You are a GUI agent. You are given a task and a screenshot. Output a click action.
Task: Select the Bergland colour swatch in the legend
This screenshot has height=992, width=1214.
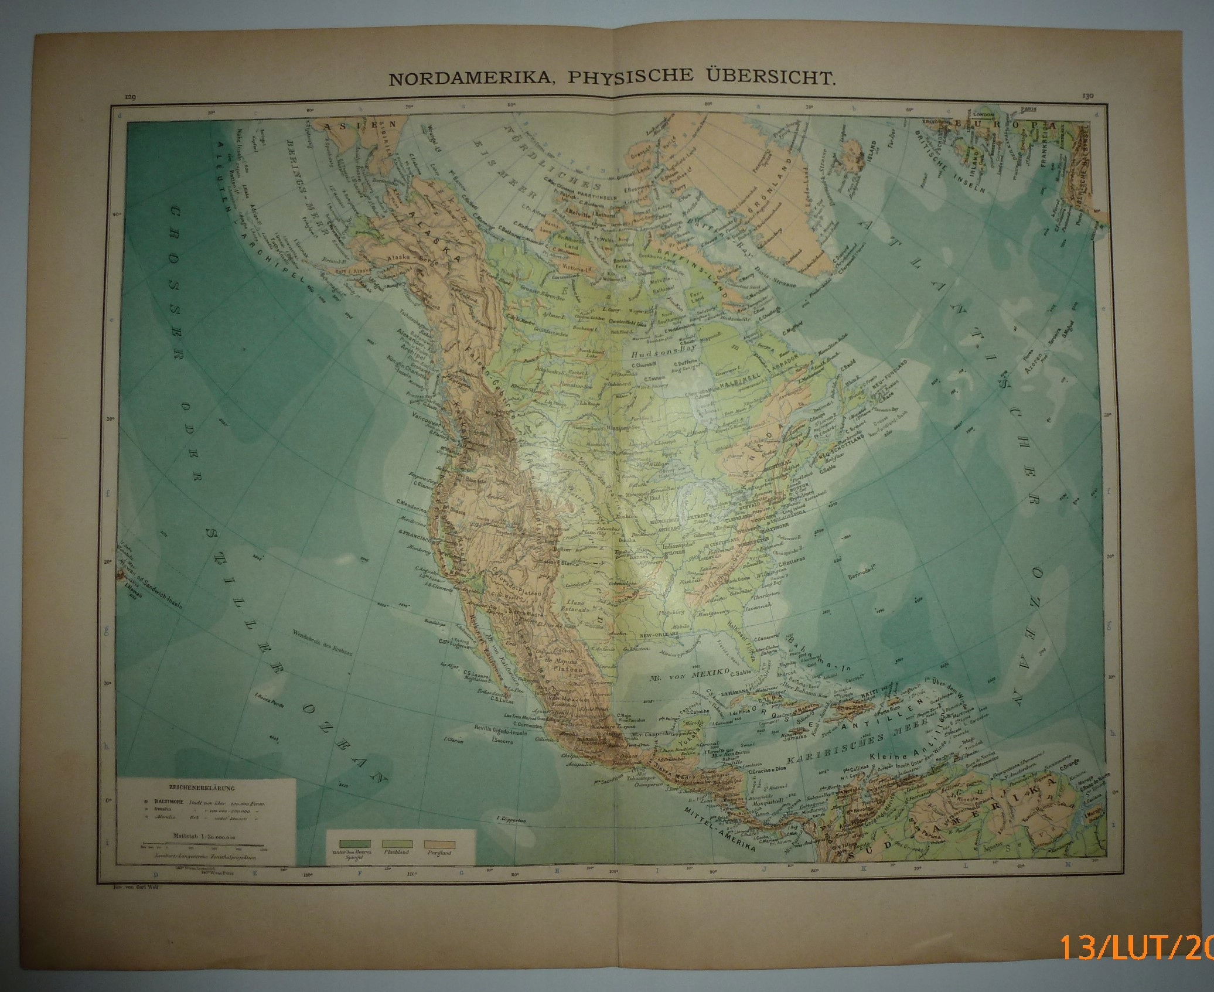[441, 843]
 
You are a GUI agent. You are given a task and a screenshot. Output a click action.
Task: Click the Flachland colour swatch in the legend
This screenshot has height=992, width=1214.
[397, 843]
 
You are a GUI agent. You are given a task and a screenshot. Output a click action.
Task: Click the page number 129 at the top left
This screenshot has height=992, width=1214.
[128, 97]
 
